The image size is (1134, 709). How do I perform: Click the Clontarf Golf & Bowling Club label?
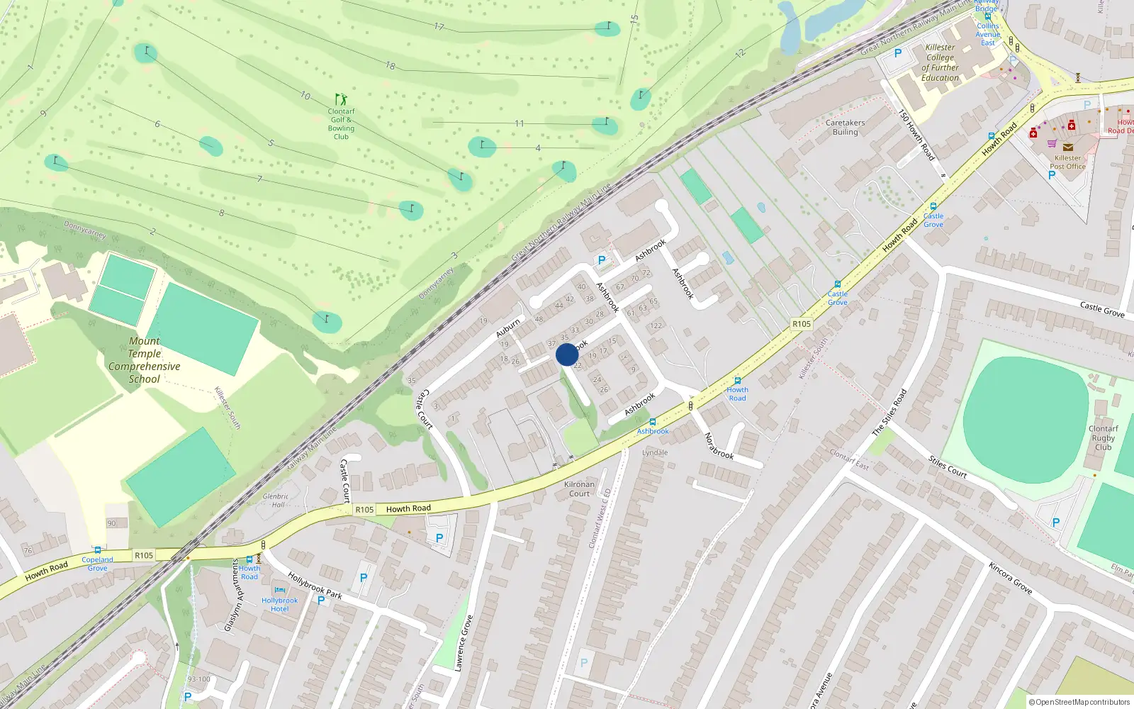(341, 123)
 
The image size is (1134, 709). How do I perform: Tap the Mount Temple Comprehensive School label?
(145, 360)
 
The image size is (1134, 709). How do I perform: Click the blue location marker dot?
(567, 354)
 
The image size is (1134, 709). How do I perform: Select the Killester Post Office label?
(1067, 162)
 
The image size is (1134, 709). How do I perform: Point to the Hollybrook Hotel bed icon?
(279, 590)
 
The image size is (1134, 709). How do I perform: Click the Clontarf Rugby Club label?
(1103, 438)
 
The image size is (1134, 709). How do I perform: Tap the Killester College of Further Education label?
(940, 62)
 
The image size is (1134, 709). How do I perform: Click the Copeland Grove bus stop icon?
(98, 550)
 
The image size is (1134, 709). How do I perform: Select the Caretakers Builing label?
(845, 128)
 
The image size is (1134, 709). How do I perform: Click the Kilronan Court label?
(579, 489)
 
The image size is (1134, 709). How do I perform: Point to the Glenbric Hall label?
(275, 501)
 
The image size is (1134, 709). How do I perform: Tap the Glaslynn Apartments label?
(233, 595)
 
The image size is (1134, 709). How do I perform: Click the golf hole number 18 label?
(391, 66)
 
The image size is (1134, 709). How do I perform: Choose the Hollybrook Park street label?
(315, 586)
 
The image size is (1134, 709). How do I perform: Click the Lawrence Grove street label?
(464, 643)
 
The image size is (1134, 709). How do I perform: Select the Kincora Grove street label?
(1010, 578)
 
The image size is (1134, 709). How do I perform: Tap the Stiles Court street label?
(948, 467)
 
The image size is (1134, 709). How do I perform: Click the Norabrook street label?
(719, 446)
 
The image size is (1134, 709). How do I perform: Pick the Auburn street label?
(508, 328)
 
